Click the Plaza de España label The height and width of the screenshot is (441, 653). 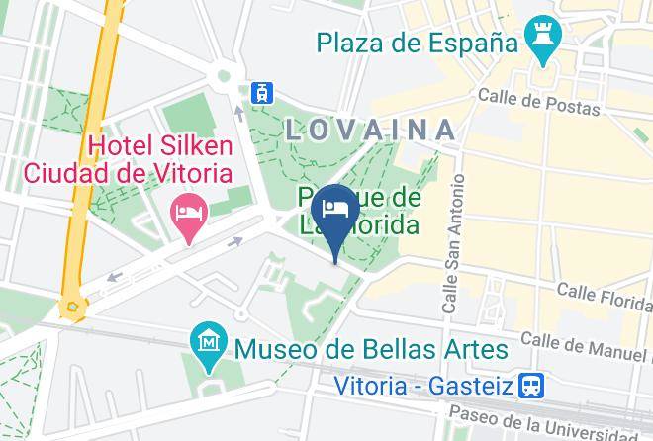tap(418, 44)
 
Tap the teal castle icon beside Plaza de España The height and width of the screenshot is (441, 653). tap(543, 40)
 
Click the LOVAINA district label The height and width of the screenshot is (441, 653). tap(371, 130)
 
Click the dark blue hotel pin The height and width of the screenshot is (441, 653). tap(335, 211)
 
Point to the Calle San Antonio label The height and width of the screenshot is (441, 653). tap(453, 245)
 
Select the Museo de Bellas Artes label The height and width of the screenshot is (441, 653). tap(371, 349)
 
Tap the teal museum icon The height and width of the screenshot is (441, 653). tap(209, 342)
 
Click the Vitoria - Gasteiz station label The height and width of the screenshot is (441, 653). tap(436, 383)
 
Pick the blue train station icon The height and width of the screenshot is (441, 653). tap(534, 383)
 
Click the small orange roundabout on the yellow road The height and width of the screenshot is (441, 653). tap(71, 308)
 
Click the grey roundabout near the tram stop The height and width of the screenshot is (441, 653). tap(223, 75)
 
